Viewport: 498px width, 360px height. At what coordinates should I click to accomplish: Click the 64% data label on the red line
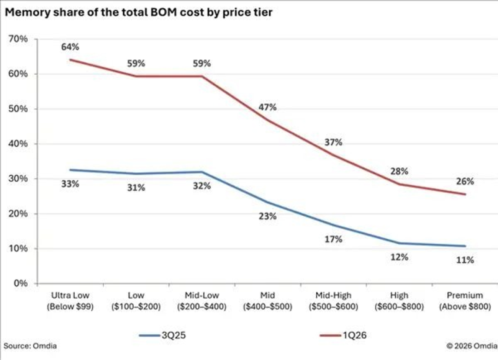pyautogui.click(x=70, y=47)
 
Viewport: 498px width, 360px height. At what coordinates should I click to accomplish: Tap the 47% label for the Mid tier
pyautogui.click(x=267, y=107)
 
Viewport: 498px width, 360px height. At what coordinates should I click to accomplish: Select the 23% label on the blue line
pyautogui.click(x=267, y=217)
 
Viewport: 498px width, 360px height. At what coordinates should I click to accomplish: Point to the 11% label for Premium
pyautogui.click(x=465, y=260)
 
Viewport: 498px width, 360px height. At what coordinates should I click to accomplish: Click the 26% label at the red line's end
pyautogui.click(x=465, y=182)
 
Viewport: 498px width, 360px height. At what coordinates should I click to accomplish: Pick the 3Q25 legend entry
pyautogui.click(x=162, y=335)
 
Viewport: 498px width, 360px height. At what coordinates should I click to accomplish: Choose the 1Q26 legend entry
pyautogui.click(x=343, y=335)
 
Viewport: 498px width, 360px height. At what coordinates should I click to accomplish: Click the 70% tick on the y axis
pyautogui.click(x=18, y=39)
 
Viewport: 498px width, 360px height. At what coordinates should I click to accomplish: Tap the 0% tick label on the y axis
pyautogui.click(x=21, y=283)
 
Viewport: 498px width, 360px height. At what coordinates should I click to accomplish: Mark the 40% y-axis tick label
pyautogui.click(x=18, y=144)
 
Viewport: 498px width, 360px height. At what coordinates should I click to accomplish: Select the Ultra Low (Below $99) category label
pyautogui.click(x=70, y=301)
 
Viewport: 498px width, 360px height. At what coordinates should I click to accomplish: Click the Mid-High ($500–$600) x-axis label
pyautogui.click(x=333, y=301)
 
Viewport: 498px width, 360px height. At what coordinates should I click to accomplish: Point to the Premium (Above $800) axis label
pyautogui.click(x=465, y=301)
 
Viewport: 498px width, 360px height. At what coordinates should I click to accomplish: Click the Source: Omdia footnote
pyautogui.click(x=30, y=346)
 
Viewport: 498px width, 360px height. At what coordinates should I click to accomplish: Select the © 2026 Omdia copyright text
pyautogui.click(x=472, y=346)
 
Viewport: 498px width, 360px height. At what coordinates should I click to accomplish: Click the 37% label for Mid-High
pyautogui.click(x=333, y=142)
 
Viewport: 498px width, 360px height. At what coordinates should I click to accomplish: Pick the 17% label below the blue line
pyautogui.click(x=333, y=239)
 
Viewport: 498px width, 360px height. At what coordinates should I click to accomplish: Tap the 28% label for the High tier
pyautogui.click(x=399, y=171)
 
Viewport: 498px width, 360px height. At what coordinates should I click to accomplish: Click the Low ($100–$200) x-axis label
pyautogui.click(x=136, y=301)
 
